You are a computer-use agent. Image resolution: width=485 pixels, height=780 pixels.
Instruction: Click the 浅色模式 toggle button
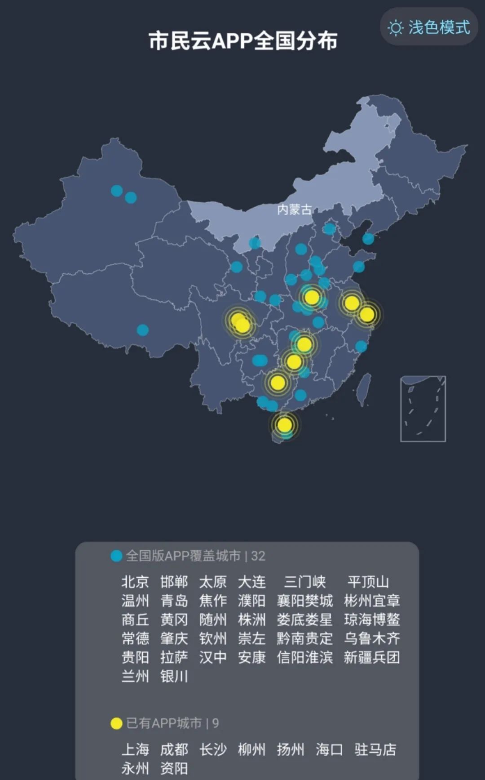pos(429,27)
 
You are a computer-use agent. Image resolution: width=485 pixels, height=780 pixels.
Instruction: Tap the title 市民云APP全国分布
pos(243,41)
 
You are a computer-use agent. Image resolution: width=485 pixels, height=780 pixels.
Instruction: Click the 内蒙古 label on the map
pos(294,209)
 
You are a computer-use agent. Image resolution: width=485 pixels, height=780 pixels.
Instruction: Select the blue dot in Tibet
pos(143,330)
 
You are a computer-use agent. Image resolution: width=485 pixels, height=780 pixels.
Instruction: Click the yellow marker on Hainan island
pos(284,425)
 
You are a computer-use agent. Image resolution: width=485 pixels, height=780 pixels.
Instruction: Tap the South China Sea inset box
pos(423,409)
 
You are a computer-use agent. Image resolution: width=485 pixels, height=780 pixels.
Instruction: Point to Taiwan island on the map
pos(364,389)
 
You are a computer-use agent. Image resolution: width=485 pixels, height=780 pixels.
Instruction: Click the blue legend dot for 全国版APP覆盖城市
pos(116,556)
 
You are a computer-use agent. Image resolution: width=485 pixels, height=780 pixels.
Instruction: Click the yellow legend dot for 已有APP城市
pos(116,723)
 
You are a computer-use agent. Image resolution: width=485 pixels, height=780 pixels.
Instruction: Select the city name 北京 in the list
pos(135,582)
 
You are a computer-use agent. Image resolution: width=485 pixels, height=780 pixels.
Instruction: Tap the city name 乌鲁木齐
pos(372,639)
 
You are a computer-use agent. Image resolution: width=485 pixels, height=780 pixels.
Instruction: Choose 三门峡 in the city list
pos(305,582)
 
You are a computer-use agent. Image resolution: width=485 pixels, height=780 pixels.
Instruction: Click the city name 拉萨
pos(174,658)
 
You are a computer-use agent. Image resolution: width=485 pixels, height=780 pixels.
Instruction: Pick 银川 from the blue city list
pos(174,677)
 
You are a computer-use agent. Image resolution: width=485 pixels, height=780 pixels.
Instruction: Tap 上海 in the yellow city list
pos(135,749)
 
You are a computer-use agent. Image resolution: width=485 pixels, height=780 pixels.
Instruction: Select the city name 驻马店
pos(375,749)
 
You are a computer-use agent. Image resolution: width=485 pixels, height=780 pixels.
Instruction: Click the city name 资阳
pos(174,768)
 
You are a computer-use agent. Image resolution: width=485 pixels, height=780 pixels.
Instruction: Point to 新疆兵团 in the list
pos(372,658)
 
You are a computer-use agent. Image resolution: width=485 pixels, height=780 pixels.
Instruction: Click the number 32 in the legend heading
pos(258,556)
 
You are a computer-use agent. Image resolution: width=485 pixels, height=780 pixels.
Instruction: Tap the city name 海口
pos(329,749)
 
